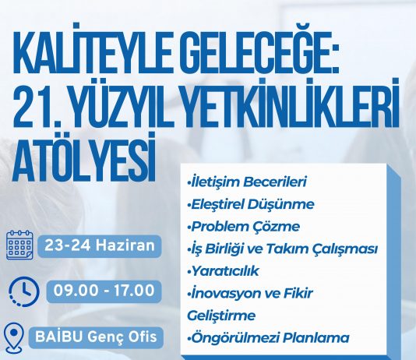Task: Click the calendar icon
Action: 19,245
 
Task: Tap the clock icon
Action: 24,291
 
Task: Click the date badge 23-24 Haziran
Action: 100,246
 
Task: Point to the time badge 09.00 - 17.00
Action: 104,291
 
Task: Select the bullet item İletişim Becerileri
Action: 247,182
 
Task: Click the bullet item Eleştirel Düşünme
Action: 250,204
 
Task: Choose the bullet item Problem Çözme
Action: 243,227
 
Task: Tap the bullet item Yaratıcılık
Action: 223,271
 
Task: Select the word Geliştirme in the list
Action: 221,316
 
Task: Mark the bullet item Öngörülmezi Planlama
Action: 268,337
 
